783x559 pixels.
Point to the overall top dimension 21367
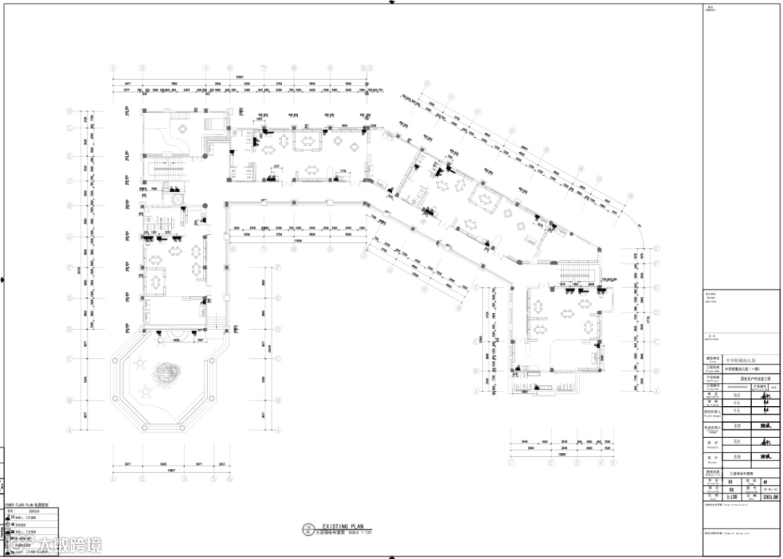pyautogui.click(x=240, y=77)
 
